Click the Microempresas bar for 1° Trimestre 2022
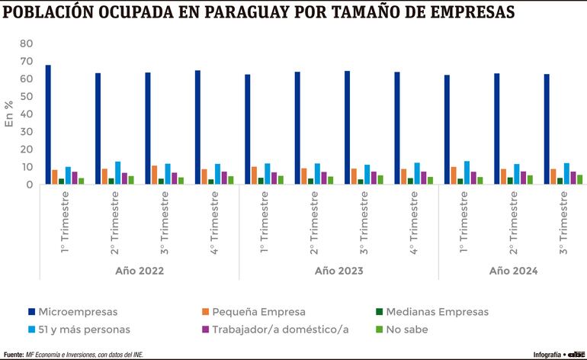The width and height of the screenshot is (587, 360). click(48, 124)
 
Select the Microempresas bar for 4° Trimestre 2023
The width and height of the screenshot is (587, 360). click(397, 127)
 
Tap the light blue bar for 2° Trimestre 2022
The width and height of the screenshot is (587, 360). click(118, 173)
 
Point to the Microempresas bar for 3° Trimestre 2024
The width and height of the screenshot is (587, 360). click(547, 129)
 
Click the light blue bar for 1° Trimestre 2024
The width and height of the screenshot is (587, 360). click(467, 172)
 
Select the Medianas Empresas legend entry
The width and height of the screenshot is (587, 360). click(438, 311)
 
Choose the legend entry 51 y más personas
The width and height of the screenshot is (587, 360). click(85, 329)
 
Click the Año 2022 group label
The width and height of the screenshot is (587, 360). click(140, 271)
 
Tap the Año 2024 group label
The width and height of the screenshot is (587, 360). click(514, 271)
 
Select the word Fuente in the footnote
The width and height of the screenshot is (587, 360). click(13, 355)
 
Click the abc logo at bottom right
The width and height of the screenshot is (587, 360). click(576, 354)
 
